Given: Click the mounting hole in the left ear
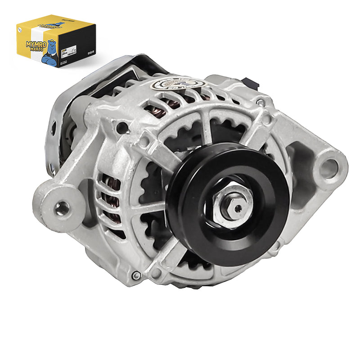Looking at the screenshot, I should [62, 207].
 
